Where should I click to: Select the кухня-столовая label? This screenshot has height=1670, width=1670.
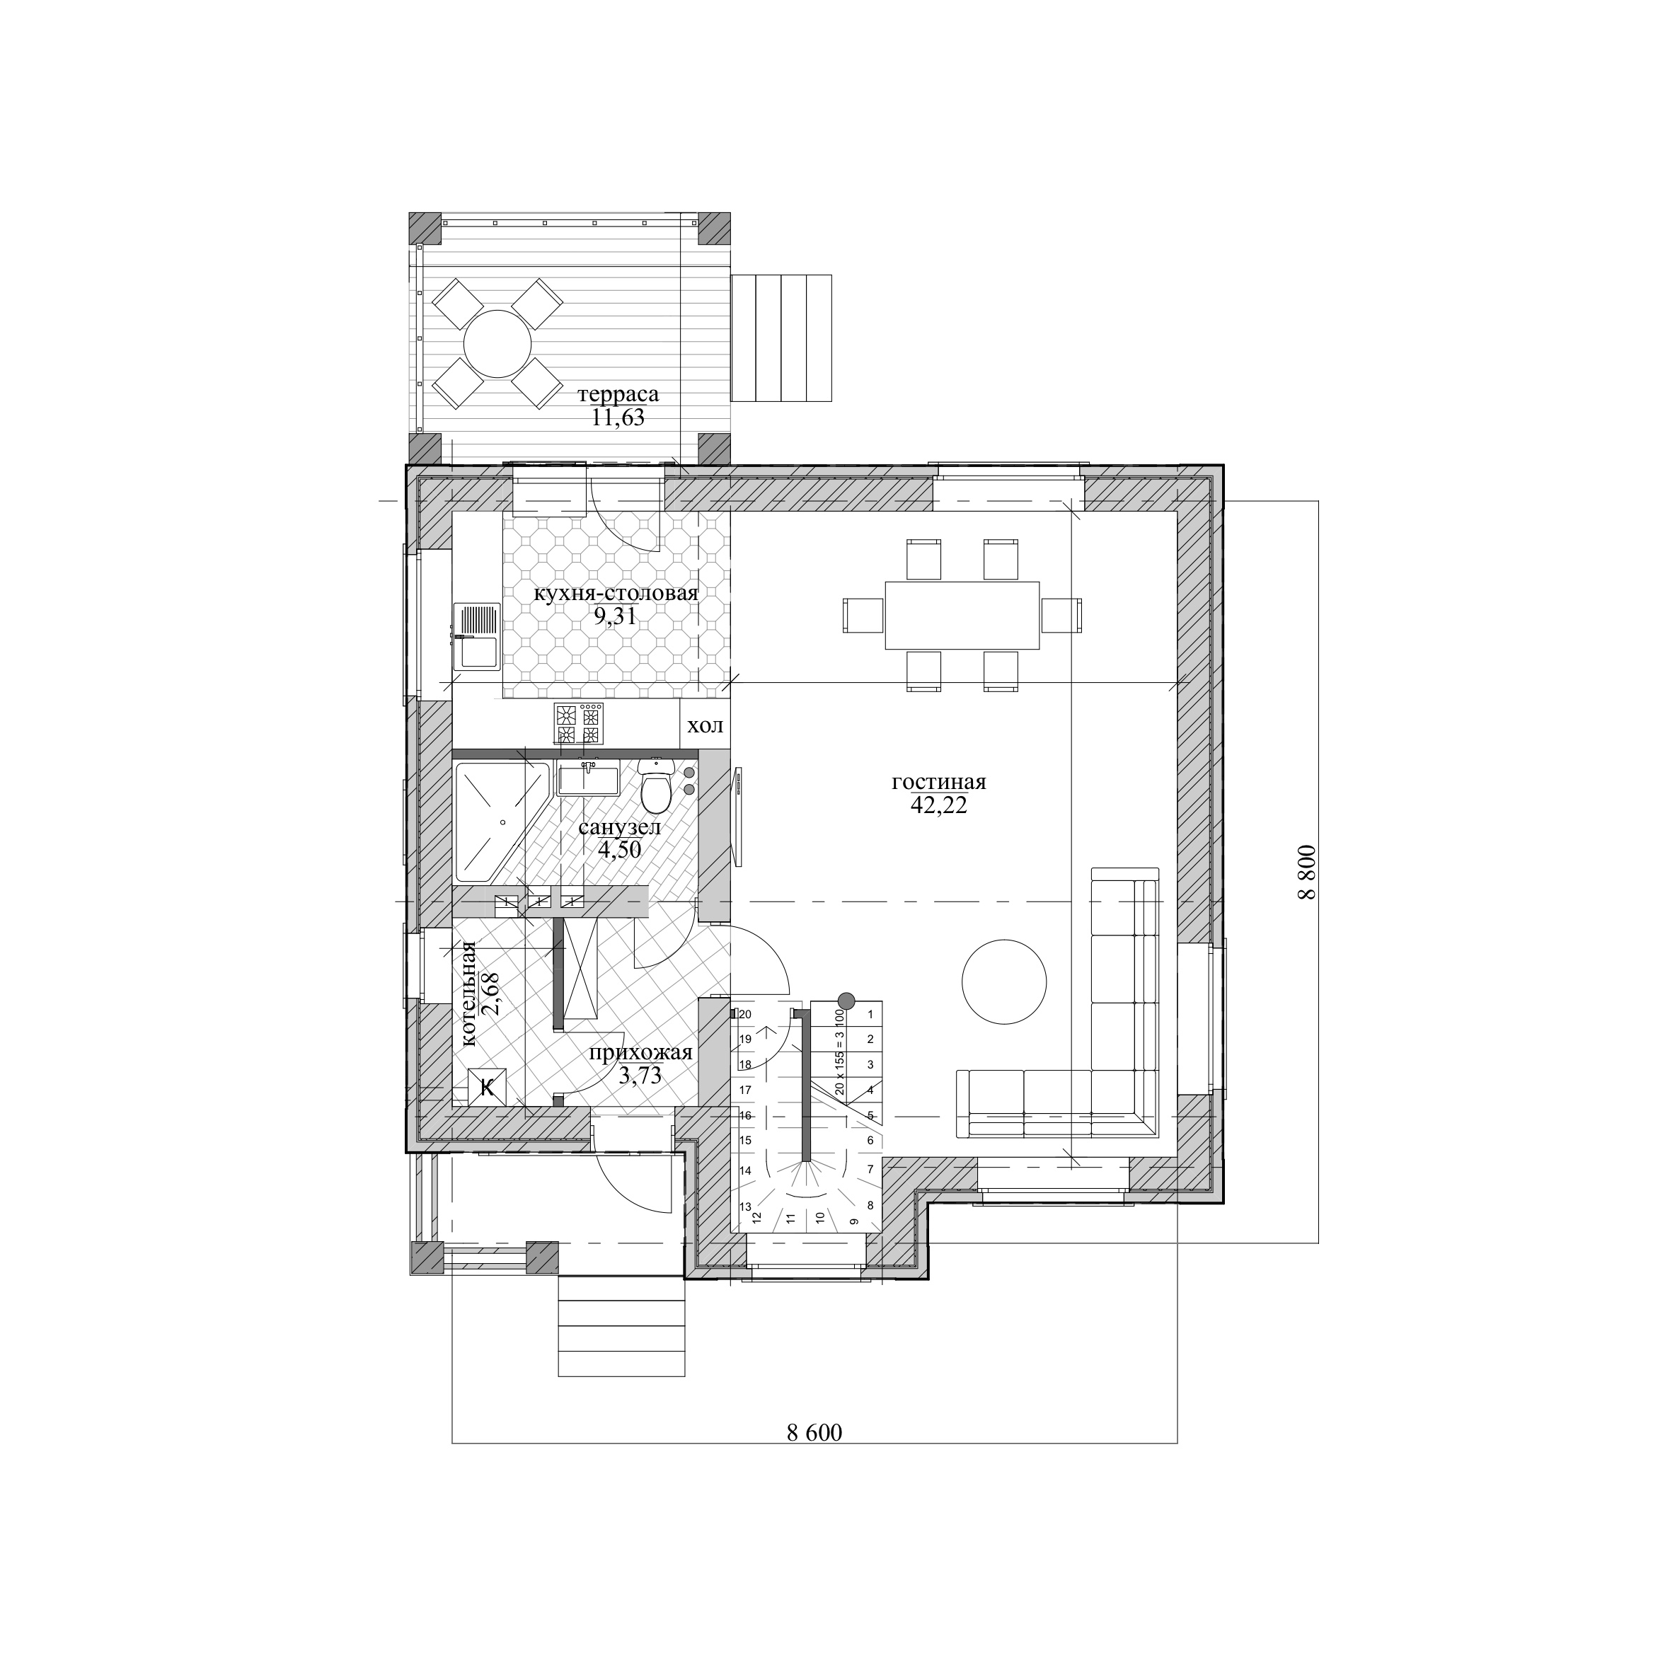(616, 594)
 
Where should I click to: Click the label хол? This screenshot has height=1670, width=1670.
(706, 725)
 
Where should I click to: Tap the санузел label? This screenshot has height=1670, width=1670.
(620, 827)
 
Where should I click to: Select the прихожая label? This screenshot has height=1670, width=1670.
(640, 1053)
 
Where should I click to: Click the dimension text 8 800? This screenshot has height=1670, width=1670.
(1306, 873)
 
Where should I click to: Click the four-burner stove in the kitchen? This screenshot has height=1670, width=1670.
(578, 723)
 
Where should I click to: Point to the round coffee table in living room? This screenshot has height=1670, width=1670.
(1004, 982)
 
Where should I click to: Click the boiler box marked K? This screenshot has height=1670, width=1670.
(487, 1086)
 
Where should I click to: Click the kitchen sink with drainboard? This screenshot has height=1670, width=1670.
(476, 637)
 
